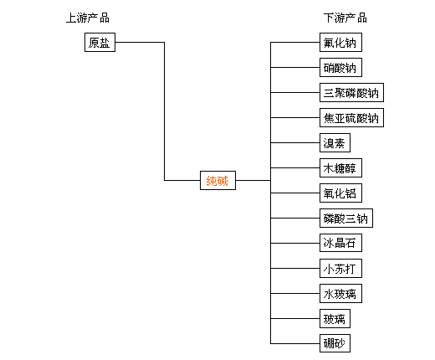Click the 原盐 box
100,42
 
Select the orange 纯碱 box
217,180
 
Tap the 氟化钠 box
340,42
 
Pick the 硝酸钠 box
340,67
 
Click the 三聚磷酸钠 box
351,92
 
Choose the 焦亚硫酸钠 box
351,117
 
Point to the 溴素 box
335,142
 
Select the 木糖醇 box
340,167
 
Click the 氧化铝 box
340,193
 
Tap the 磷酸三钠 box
346,218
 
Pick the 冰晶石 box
340,243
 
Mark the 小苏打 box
340,268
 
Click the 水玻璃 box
340,293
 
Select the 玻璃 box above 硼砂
335,318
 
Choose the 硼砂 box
335,343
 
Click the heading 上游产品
88,18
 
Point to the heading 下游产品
345,18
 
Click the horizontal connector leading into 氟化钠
295,43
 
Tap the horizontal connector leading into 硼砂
295,343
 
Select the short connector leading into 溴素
295,142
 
